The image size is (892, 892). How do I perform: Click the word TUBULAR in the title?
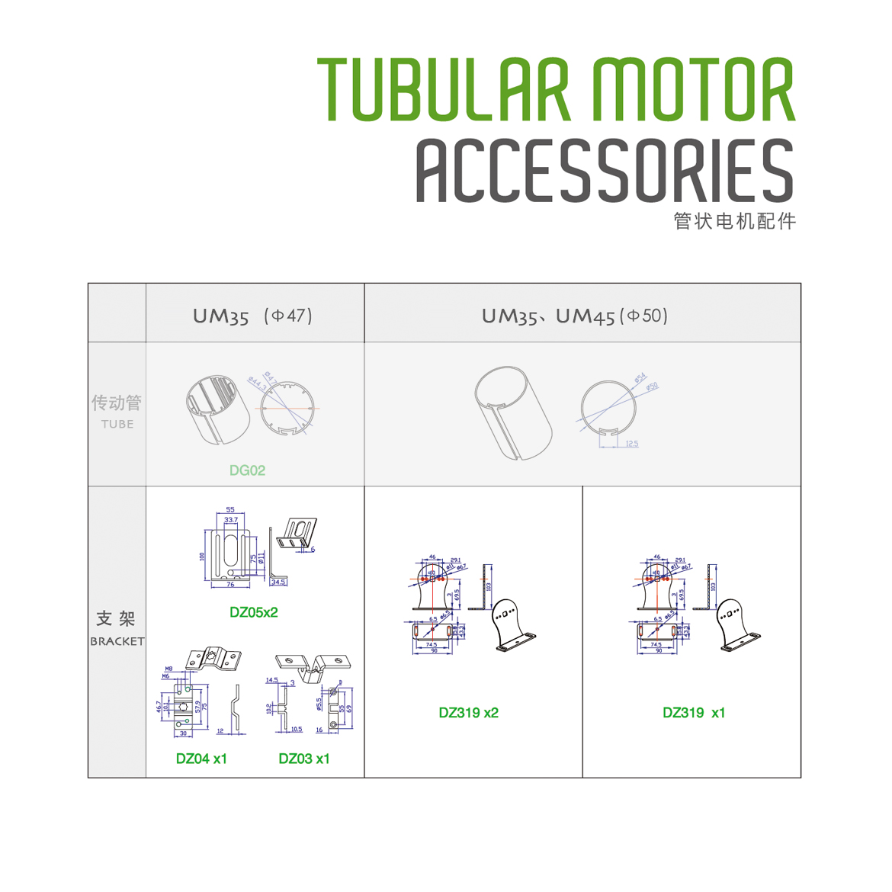pos(444,90)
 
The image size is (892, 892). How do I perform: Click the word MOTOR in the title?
pos(694,90)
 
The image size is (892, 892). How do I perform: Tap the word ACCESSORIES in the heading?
pos(605,172)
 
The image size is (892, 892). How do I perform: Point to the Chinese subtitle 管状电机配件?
pos(735,221)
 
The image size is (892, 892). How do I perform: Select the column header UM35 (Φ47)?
pos(252,316)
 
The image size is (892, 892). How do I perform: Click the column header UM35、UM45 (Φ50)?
pos(574,316)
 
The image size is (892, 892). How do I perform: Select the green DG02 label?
pos(247,470)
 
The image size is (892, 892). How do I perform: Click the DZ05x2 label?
pos(254,612)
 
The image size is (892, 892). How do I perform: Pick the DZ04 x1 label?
pos(201,759)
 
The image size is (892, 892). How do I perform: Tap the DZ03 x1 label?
pos(304,759)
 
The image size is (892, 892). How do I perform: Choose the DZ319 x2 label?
pos(468,713)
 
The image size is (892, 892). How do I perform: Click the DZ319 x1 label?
pos(694,713)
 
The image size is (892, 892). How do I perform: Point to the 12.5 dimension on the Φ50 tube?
pos(631,444)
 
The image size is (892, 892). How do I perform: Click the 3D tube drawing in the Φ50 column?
pos(512,412)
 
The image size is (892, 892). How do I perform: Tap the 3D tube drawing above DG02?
pos(218,409)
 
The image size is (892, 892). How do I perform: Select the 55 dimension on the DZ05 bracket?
pos(230,510)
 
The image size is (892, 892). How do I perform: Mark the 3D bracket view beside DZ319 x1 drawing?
pos(738,625)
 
